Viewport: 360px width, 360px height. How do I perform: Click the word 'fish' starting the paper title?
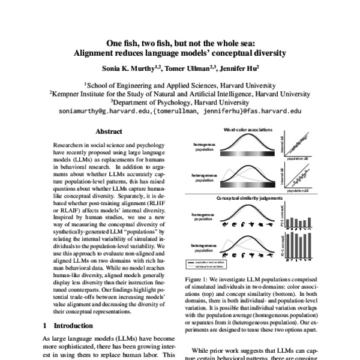click(x=133, y=43)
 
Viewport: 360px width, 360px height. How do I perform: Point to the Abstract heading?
click(x=109, y=131)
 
